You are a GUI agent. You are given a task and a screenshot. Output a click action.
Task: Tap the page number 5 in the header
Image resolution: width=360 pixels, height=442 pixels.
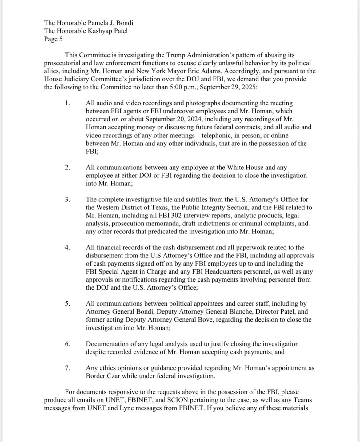point(61,39)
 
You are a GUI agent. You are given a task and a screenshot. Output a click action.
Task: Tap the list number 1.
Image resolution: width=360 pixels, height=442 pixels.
point(67,103)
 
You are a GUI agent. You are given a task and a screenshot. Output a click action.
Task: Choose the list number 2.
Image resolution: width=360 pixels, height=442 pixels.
point(67,168)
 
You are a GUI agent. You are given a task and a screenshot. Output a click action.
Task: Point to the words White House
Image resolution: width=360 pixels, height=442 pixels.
point(245,168)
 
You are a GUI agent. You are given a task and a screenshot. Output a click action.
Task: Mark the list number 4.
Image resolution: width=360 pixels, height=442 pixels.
point(67,248)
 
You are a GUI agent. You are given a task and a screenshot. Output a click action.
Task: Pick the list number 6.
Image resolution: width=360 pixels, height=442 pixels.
point(67,344)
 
